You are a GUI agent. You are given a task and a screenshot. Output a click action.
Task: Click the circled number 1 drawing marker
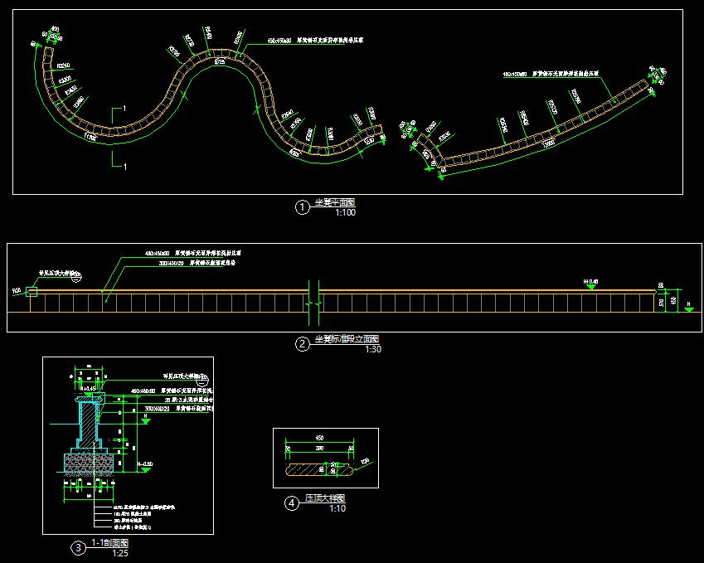(303, 207)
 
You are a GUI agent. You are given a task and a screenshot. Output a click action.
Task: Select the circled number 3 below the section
(78, 547)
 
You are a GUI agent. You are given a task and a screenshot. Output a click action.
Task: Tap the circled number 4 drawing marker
(292, 502)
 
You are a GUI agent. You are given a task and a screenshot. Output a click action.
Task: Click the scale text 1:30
(374, 349)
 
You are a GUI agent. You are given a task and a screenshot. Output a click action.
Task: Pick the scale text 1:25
(120, 552)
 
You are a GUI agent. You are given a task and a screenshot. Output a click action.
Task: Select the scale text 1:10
(337, 508)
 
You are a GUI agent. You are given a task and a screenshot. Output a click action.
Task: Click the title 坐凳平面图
(334, 203)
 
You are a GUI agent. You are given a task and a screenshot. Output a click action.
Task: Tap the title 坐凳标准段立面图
(347, 339)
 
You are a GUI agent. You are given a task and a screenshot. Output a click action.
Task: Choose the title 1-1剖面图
(109, 542)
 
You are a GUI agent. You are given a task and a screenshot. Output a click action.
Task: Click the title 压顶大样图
(325, 498)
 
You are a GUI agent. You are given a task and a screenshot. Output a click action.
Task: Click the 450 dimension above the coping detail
(319, 437)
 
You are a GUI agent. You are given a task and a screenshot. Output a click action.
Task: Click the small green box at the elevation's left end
(32, 291)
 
